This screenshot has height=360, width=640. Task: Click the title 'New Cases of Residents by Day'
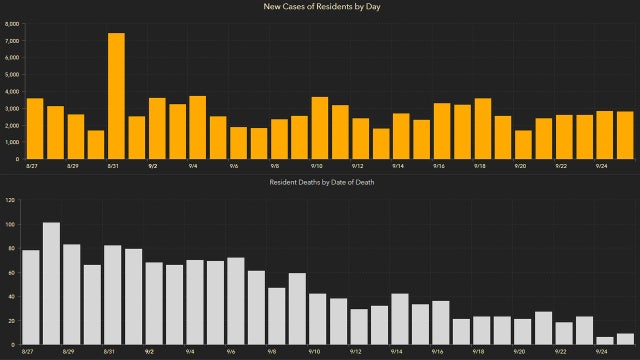pos(320,7)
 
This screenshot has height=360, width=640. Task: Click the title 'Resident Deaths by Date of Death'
pos(320,182)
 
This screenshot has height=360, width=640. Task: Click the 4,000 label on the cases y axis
pos(12,91)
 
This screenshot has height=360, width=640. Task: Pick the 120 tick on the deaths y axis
pos(10,201)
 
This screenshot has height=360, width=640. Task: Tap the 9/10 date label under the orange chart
pos(316,166)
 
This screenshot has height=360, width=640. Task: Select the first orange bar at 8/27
pos(35,129)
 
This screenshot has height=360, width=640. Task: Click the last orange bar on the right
pos(624,135)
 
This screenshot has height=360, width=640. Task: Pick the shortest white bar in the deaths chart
pos(604,341)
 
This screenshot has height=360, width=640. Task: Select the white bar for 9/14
pos(399,320)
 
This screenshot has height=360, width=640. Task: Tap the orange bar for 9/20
pos(523,144)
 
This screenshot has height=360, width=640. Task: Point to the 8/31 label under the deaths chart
pos(112,352)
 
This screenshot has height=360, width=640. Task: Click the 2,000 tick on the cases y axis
pos(12,125)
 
